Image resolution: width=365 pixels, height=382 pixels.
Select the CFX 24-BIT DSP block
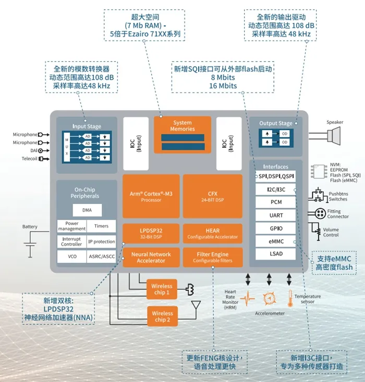pyautogui.click(x=213, y=196)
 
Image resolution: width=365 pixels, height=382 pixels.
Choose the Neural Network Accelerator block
pyautogui.click(x=151, y=257)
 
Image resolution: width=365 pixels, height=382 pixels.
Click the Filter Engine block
pyautogui.click(x=213, y=257)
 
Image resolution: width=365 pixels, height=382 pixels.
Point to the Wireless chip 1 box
pyautogui.click(x=161, y=289)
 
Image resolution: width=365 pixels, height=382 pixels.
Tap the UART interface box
pyautogui.click(x=276, y=215)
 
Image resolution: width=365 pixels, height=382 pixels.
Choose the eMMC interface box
pyautogui.click(x=276, y=241)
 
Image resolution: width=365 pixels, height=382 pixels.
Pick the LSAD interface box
pyautogui.click(x=276, y=254)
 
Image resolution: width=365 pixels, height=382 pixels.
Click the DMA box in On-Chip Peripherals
pyautogui.click(x=87, y=210)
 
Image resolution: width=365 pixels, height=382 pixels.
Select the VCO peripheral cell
pyautogui.click(x=71, y=257)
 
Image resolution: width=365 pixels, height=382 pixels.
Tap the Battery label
pyautogui.click(x=30, y=227)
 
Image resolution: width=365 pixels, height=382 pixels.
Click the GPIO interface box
pyautogui.click(x=276, y=228)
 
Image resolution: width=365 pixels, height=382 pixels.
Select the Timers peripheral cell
pyautogui.click(x=101, y=226)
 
